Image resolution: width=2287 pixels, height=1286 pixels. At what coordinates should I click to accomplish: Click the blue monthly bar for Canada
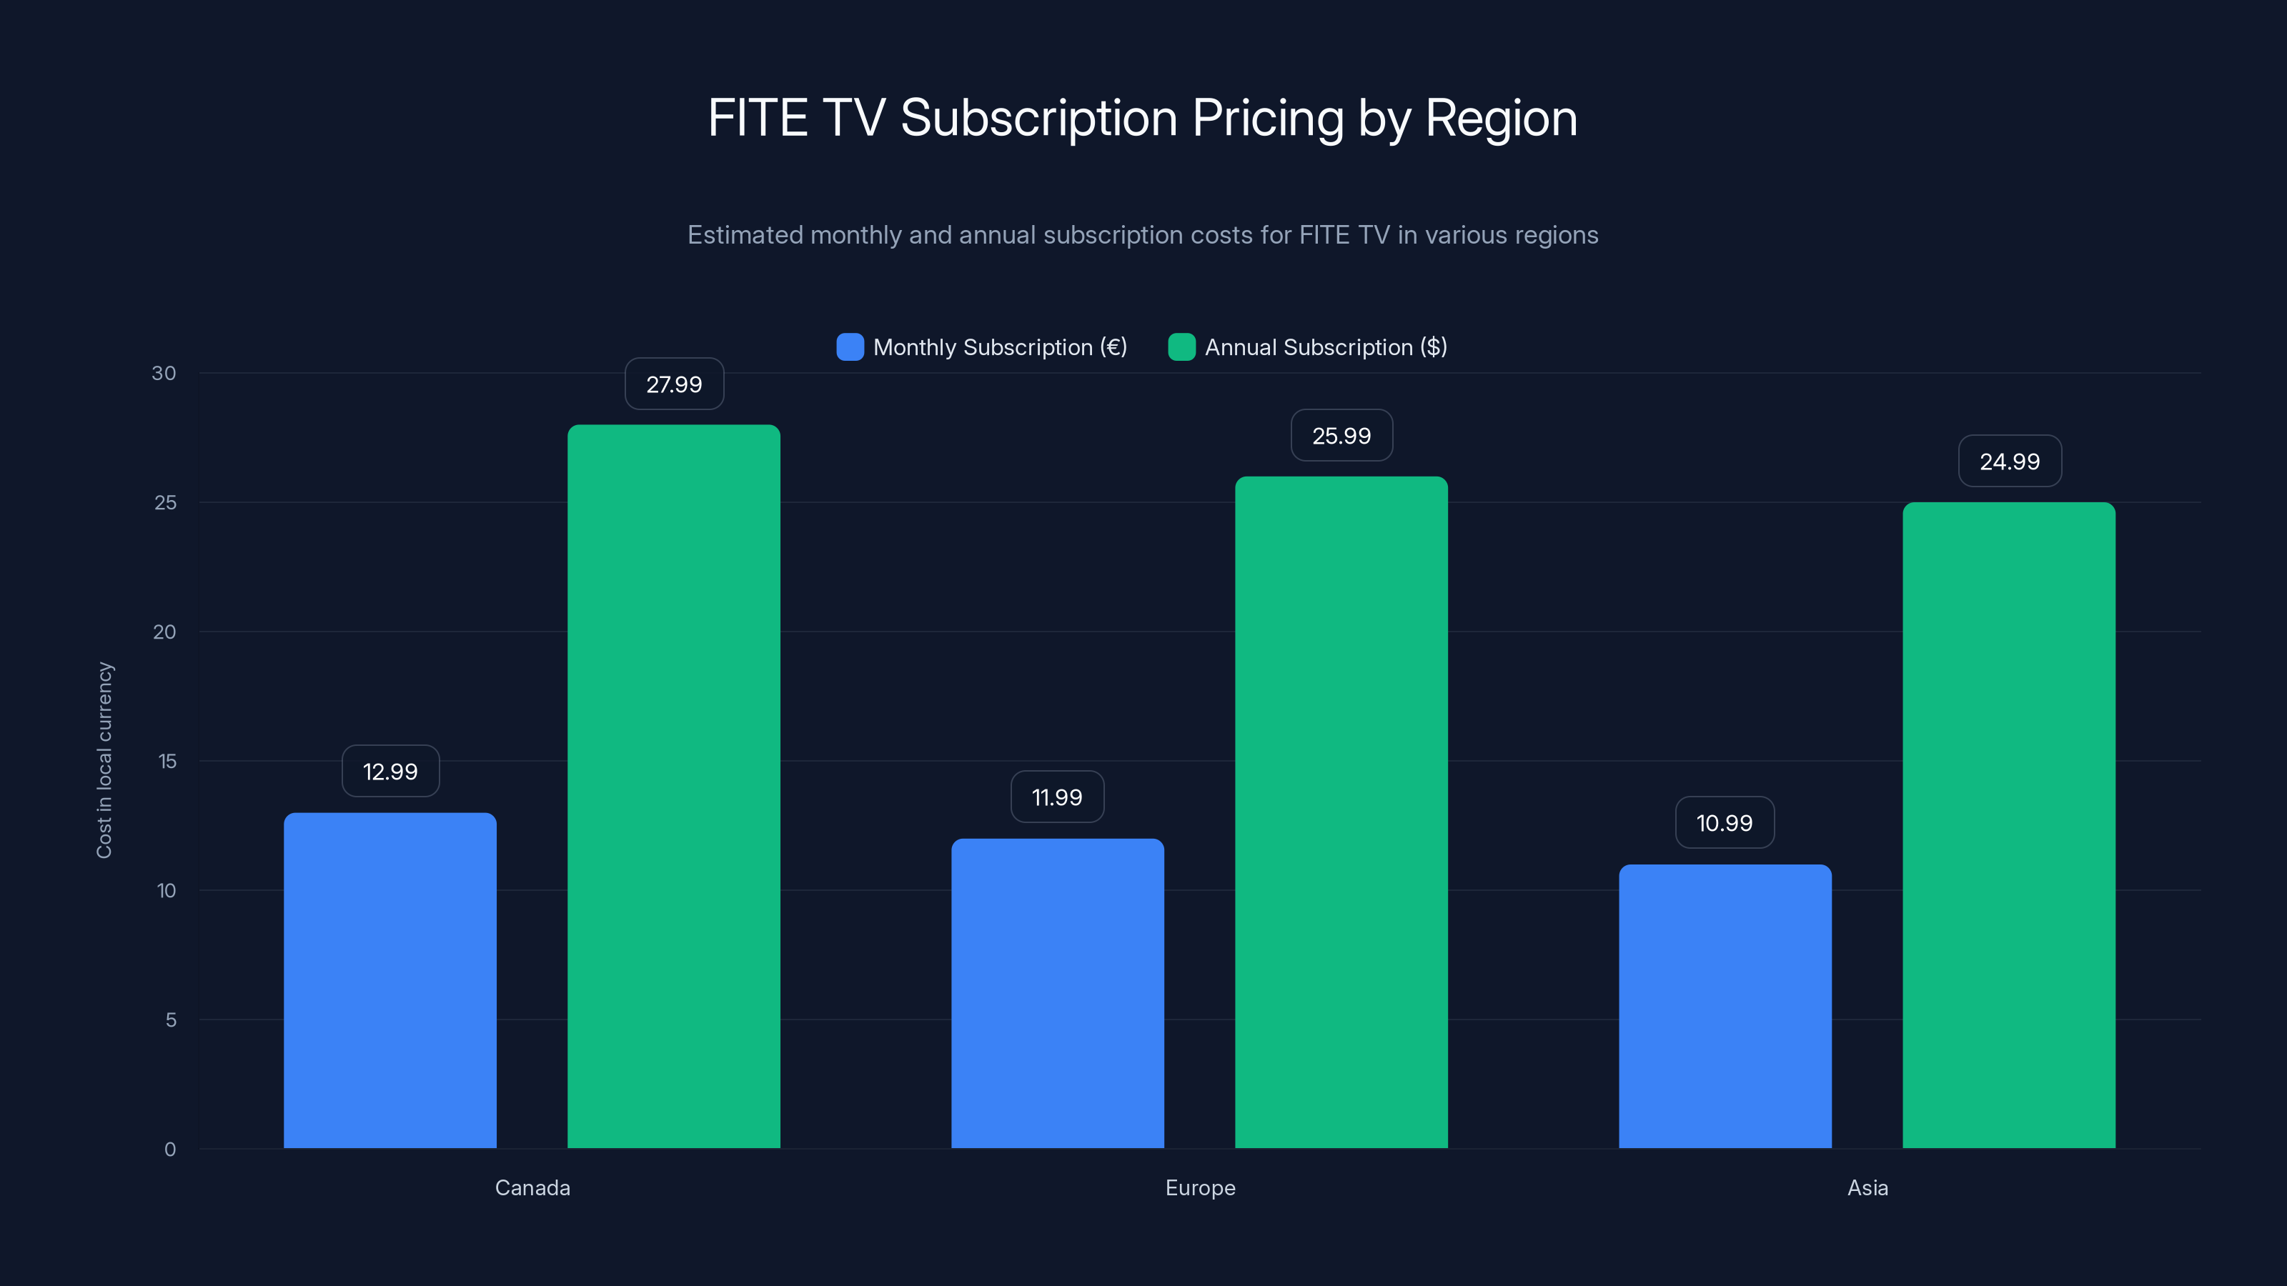(x=390, y=981)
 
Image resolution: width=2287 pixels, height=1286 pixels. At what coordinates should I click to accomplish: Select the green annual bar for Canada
(x=674, y=787)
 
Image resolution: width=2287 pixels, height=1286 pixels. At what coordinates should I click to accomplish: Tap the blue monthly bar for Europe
(x=1058, y=993)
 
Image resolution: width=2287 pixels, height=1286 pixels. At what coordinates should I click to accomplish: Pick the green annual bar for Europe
(x=1341, y=812)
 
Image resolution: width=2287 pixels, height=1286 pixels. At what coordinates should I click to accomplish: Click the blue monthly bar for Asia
(x=1725, y=1007)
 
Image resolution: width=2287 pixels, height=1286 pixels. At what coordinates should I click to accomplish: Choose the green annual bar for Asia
(x=2009, y=825)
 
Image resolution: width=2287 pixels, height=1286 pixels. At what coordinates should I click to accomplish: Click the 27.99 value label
(x=674, y=384)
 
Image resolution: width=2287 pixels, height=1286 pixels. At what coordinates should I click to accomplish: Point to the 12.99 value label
(x=390, y=772)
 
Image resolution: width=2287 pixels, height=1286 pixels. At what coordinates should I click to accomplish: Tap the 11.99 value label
(x=1058, y=797)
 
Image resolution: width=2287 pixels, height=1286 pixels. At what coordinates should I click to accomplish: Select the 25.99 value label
(x=1341, y=436)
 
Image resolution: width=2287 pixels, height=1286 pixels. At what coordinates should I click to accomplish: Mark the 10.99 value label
(x=1725, y=823)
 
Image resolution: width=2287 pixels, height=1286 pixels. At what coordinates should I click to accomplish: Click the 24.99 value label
(x=2009, y=462)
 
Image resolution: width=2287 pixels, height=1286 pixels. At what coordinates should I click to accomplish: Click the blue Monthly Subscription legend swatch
(x=850, y=347)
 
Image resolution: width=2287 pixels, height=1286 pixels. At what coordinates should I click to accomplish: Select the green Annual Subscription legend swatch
(x=1181, y=347)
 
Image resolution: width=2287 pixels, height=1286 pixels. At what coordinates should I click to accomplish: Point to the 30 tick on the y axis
(x=164, y=373)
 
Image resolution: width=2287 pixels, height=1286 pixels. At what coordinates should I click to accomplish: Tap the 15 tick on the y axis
(x=167, y=761)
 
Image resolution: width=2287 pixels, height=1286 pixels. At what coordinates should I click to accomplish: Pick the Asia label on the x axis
(x=1867, y=1187)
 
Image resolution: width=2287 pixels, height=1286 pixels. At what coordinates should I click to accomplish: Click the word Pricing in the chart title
(x=1268, y=118)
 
